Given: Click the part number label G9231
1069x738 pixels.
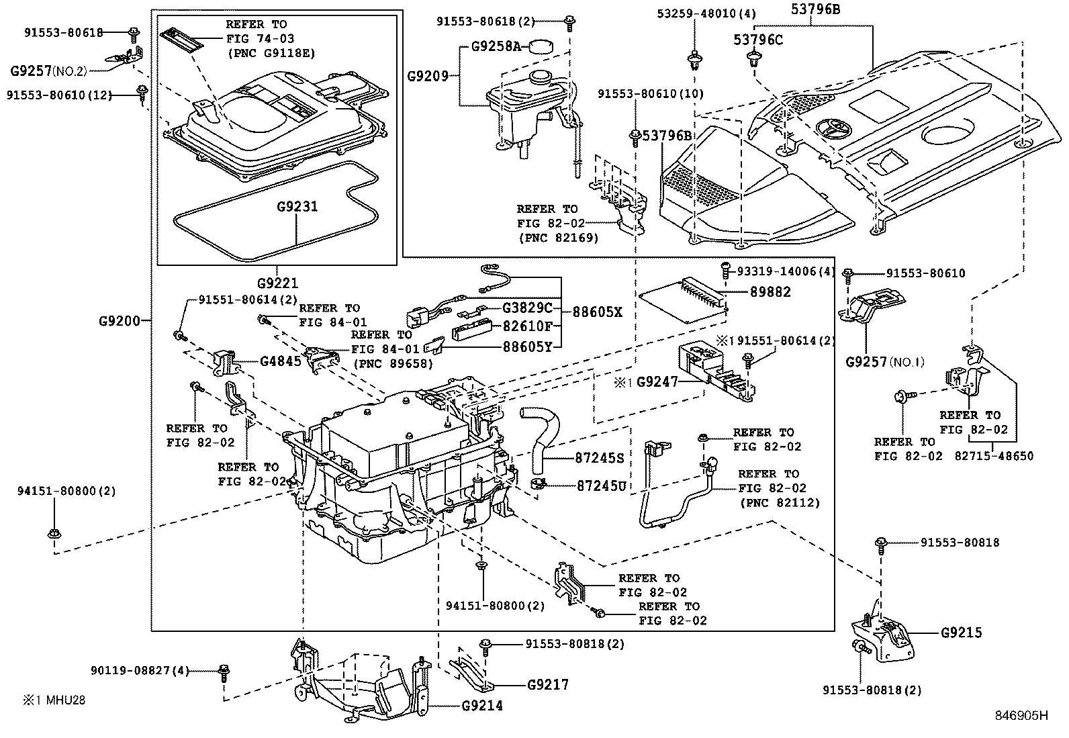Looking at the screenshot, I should pos(297,207).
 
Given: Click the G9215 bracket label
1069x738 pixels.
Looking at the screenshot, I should pos(961,633).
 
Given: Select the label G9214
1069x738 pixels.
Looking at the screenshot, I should pos(481,706).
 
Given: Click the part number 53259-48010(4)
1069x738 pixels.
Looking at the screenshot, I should pos(697,13).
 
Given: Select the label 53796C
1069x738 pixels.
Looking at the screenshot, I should pos(757,40).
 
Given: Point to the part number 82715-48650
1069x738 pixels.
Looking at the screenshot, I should pos(994,456).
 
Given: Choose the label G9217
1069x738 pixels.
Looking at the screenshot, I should pos(548,685).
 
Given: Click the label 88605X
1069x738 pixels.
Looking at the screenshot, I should pos(598,312).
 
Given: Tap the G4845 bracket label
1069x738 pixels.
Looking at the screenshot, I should pos(280,361).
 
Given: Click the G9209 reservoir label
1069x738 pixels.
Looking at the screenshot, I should pos(428,76).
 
